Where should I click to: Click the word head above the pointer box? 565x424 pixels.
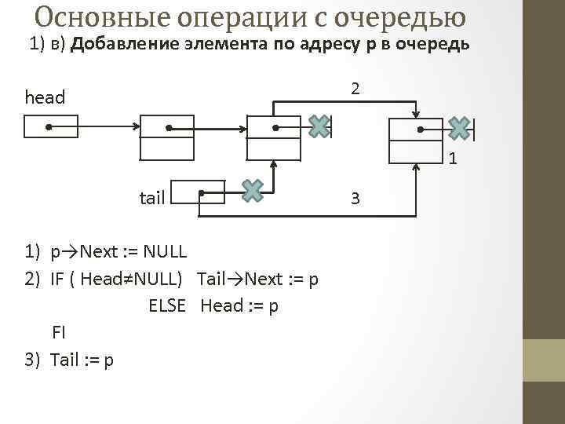coord(45,97)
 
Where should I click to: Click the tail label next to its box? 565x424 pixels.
coord(151,197)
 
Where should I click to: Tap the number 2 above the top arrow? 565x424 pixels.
coord(355,90)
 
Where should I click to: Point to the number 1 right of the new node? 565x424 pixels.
coord(454,160)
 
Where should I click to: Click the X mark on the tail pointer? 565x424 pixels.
coord(252,190)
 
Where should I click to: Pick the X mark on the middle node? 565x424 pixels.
coord(319,126)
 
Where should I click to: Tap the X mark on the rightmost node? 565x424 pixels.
coord(460,128)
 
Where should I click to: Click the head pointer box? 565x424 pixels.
coord(51,126)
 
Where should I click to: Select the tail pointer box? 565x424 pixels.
coord(198,192)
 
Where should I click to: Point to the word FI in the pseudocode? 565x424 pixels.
coord(59,332)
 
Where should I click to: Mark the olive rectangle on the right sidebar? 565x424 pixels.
coord(543,360)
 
